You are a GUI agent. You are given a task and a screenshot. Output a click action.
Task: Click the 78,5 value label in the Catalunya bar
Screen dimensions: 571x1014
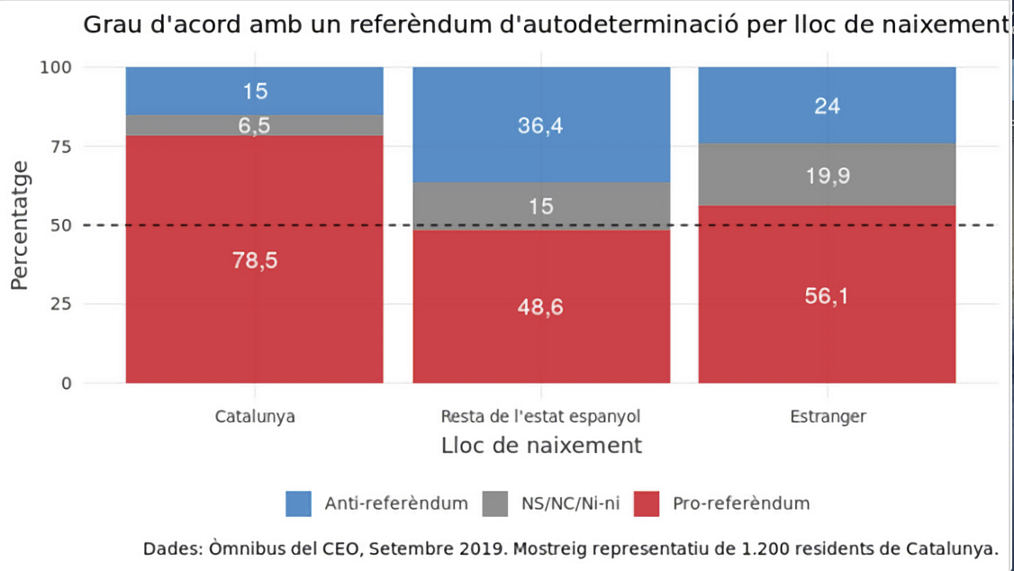coord(255,260)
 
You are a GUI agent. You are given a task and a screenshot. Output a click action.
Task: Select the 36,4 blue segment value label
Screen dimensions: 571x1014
coord(540,126)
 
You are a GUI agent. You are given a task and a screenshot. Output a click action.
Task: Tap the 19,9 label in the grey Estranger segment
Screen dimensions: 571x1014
coord(828,177)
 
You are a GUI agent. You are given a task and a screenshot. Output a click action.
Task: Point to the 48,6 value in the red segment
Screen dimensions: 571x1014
coord(540,308)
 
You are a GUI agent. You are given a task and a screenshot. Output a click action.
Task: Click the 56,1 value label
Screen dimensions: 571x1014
coord(828,297)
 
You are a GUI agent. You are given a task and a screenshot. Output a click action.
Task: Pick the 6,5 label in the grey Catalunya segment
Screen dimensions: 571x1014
coord(255,126)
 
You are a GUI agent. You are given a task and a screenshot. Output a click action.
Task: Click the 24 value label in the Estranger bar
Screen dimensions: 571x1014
coord(828,106)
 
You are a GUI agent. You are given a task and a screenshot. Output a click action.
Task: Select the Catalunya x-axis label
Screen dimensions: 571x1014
coord(255,417)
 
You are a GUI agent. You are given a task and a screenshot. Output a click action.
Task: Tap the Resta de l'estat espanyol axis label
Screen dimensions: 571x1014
coord(540,417)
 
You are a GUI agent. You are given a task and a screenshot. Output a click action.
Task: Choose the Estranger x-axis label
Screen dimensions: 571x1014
coord(828,417)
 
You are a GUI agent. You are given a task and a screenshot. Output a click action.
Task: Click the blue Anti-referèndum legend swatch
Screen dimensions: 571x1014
coord(298,503)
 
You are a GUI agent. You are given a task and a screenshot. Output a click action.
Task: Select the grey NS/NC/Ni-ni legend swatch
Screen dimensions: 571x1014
coord(495,503)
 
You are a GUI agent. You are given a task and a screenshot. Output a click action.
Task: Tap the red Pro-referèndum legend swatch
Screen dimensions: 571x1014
coord(647,503)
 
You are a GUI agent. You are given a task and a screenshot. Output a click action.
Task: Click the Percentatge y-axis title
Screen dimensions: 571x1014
coord(20,225)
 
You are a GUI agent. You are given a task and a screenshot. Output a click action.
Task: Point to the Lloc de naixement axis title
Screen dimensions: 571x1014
coord(541,446)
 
